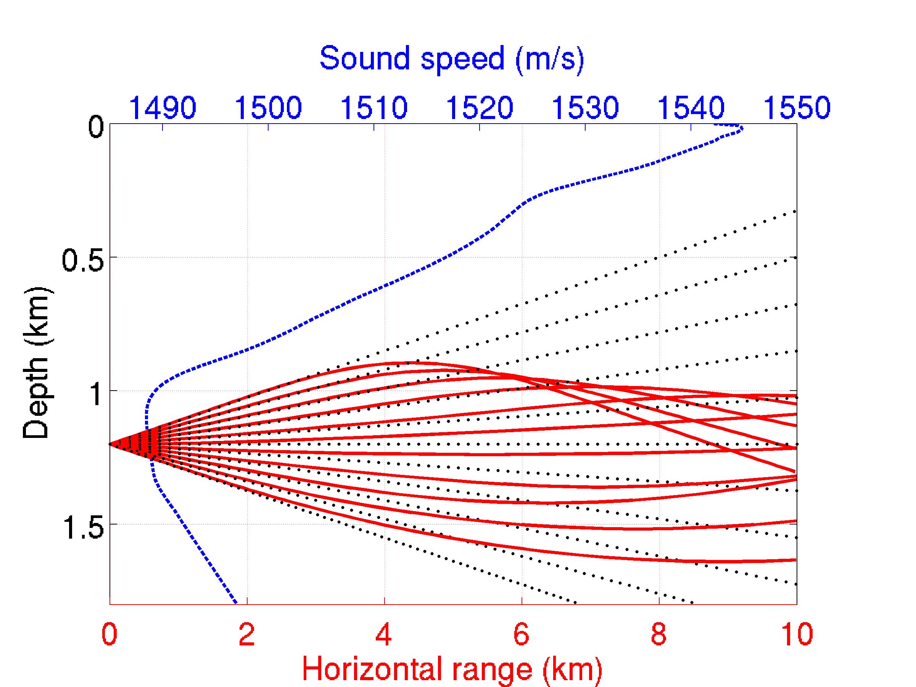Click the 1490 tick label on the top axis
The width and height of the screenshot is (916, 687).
click(x=163, y=107)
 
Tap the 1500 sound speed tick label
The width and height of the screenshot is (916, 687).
click(x=268, y=107)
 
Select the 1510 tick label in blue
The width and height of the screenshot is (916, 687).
click(x=374, y=107)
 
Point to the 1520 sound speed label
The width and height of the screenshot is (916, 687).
click(x=480, y=107)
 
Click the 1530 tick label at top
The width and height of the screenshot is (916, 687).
click(x=585, y=107)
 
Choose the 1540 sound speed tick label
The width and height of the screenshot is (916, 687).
click(x=691, y=107)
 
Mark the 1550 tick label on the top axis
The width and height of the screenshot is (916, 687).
click(x=796, y=107)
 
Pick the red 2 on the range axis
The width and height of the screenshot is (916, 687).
click(x=247, y=634)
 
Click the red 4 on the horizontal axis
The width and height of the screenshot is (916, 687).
click(x=384, y=634)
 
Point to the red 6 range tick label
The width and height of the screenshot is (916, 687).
click(x=522, y=634)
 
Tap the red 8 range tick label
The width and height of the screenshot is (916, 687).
click(x=658, y=634)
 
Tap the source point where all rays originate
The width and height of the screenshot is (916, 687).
click(x=110, y=444)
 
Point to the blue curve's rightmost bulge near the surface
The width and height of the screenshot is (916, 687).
click(x=742, y=129)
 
